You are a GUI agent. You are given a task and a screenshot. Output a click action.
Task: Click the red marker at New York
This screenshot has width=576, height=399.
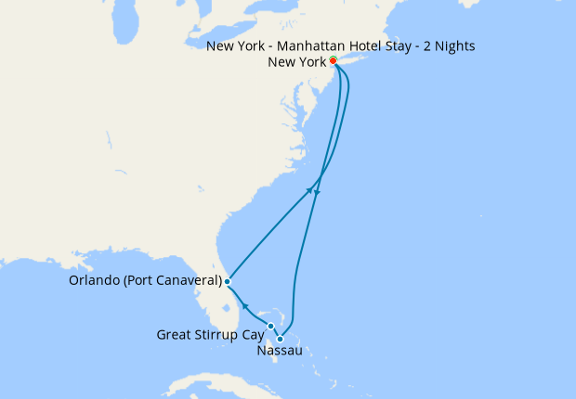pyautogui.click(x=333, y=62)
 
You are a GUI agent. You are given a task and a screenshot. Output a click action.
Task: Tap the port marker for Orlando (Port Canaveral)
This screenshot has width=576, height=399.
pyautogui.click(x=227, y=280)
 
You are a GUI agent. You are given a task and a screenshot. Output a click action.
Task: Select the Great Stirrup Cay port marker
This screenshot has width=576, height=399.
pyautogui.click(x=270, y=326)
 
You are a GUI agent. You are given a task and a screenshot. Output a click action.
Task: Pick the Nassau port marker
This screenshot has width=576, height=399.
pyautogui.click(x=280, y=339)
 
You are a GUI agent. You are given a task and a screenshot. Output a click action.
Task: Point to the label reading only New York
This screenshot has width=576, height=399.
pyautogui.click(x=296, y=62)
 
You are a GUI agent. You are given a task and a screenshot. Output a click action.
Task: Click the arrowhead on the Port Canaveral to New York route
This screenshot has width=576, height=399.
pyautogui.click(x=309, y=191)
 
